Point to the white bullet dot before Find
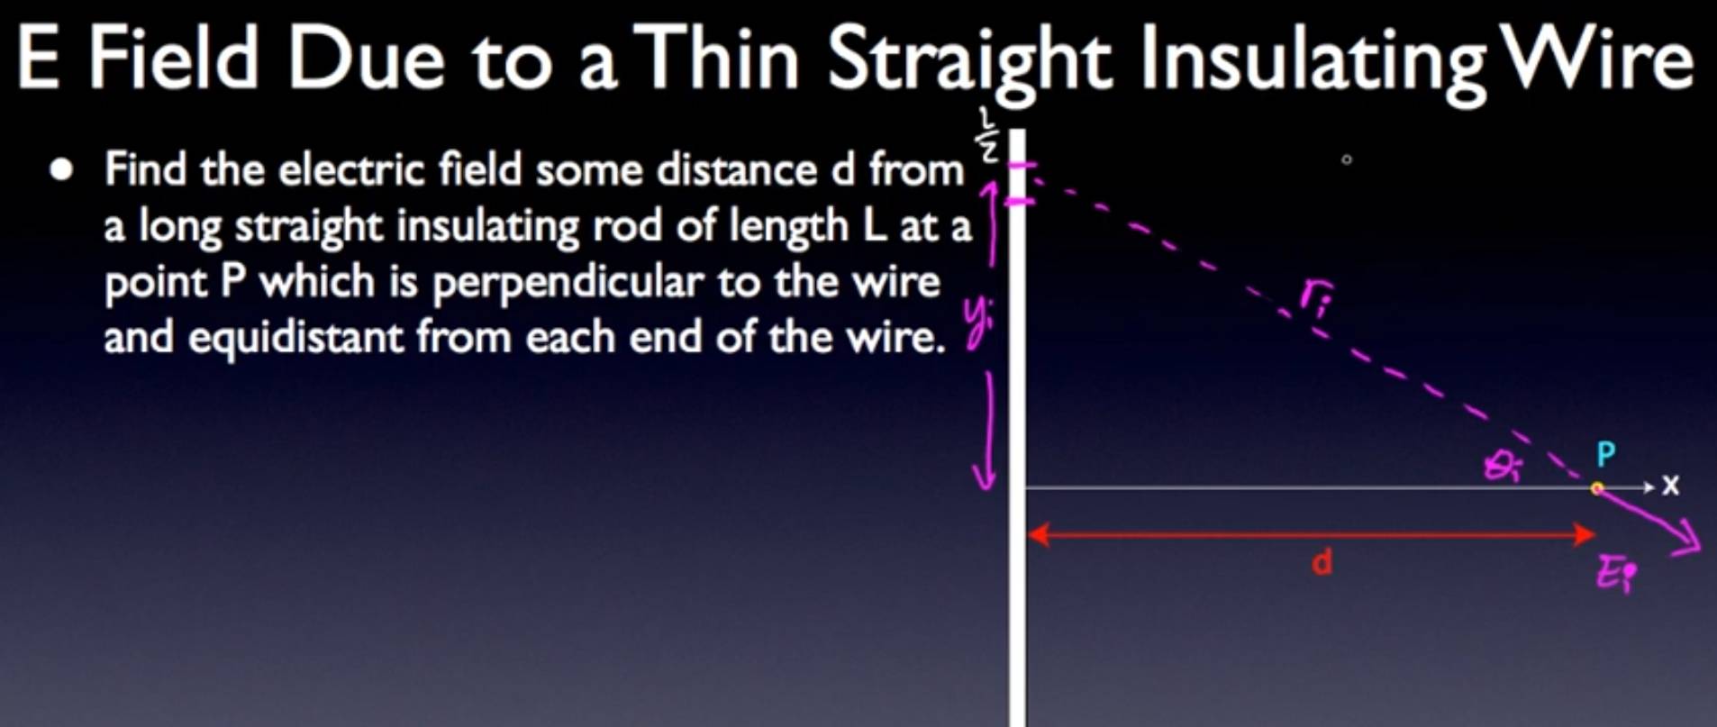pos(61,170)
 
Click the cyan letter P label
pos(1605,455)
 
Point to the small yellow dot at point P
pos(1597,488)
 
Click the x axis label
pos(1671,486)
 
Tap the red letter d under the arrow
pos(1322,563)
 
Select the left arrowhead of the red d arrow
pos(1038,535)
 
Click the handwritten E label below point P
pos(1616,574)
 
